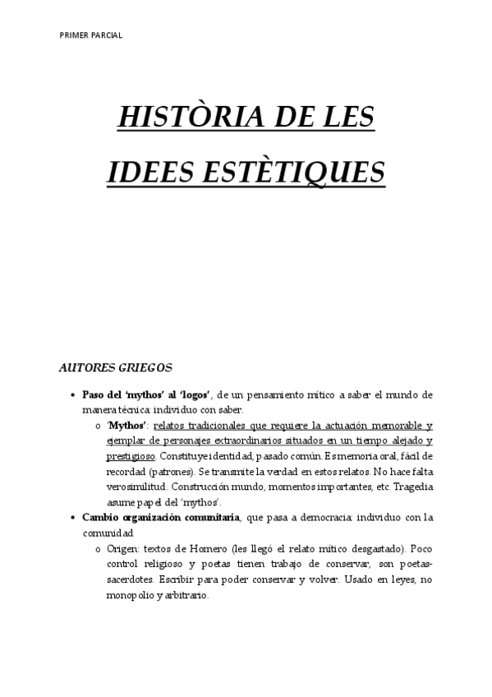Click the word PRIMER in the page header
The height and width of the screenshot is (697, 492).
73,35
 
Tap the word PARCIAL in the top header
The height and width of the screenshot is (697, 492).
106,35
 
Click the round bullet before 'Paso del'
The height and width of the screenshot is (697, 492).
75,395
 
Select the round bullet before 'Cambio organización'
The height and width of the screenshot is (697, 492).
75,517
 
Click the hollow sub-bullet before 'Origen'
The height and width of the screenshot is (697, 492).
99,547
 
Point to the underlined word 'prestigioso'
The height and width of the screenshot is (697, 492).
131,455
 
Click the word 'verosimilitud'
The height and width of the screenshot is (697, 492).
136,487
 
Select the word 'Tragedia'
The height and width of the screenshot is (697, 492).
410,487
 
